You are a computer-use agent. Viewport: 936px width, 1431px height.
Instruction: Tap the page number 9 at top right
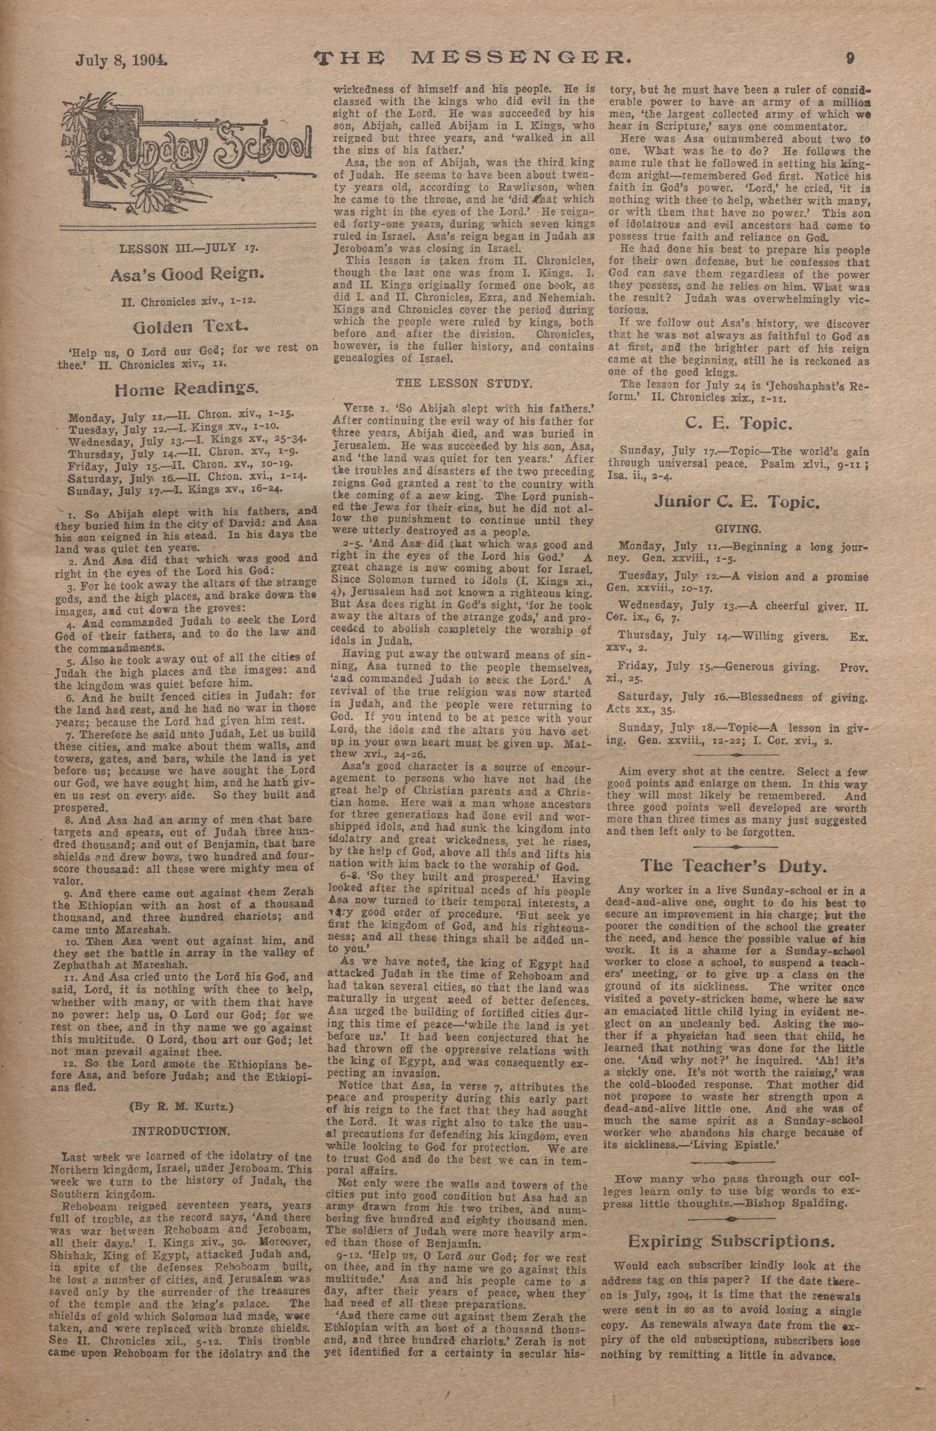[x=850, y=58]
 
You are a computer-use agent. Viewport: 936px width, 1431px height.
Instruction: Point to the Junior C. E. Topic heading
[x=739, y=503]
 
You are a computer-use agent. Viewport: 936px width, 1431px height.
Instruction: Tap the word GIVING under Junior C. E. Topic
[x=738, y=530]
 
